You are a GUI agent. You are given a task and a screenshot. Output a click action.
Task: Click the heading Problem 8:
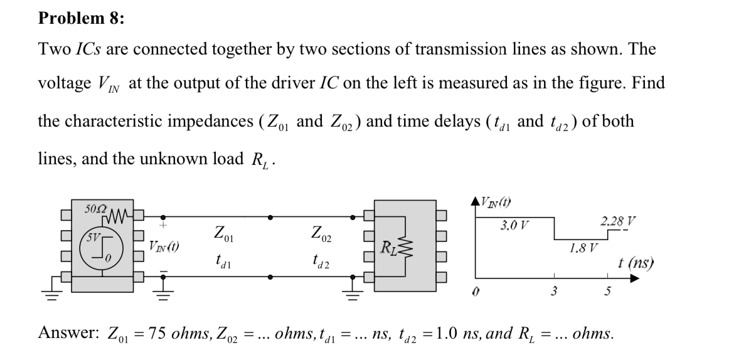coord(82,18)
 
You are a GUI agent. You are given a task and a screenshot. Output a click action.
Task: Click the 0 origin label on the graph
coord(476,292)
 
